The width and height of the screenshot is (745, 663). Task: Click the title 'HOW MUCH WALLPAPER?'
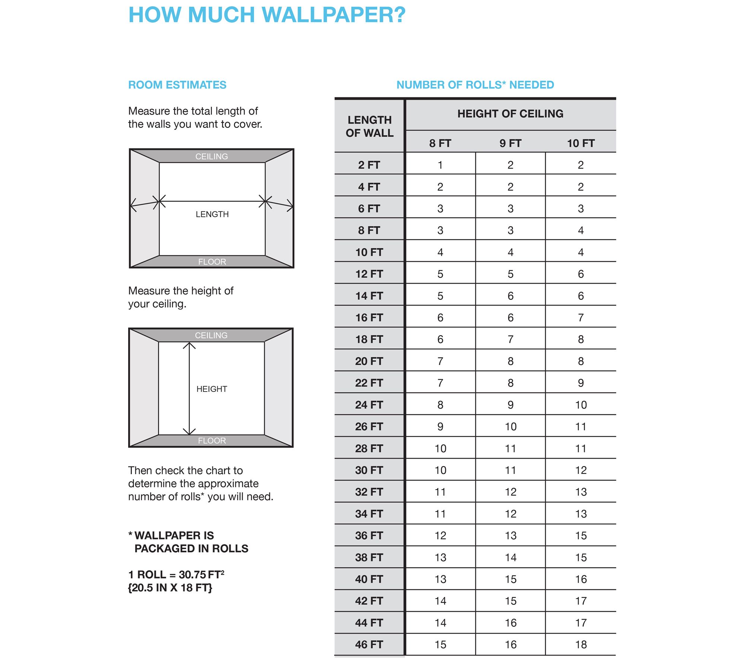(267, 15)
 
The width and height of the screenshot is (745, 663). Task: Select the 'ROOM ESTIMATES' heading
(177, 85)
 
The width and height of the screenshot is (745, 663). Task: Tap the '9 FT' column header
(510, 143)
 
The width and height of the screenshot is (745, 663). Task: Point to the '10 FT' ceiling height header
(581, 143)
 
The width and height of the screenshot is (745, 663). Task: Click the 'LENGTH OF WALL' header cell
(370, 126)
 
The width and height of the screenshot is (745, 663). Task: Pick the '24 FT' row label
(369, 405)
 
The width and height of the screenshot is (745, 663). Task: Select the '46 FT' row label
(369, 644)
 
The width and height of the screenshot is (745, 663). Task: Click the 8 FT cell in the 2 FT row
(440, 165)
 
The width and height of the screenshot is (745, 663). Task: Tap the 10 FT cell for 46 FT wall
(581, 644)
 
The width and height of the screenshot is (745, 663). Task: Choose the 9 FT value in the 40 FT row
(510, 579)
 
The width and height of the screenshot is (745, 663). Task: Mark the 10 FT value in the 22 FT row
(581, 383)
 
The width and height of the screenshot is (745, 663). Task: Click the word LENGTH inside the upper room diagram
(212, 214)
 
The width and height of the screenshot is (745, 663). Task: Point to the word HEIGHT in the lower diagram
(212, 389)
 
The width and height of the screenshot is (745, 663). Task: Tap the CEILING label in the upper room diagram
(212, 157)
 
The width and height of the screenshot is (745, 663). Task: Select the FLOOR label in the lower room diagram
(212, 440)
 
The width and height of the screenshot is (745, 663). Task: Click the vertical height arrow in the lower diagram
(189, 388)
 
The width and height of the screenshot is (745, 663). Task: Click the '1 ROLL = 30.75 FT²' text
(176, 575)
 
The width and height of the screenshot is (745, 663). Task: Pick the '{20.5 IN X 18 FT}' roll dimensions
(170, 588)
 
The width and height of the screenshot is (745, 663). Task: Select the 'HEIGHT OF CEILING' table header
(510, 114)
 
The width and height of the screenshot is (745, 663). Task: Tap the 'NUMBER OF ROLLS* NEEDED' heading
(475, 85)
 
